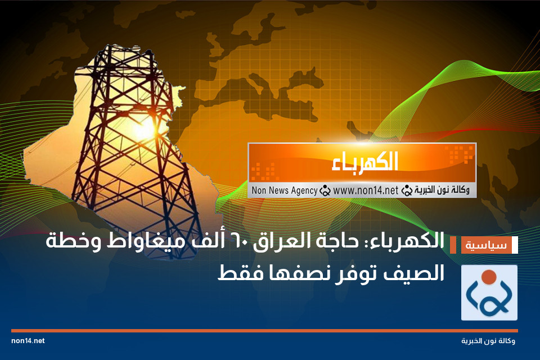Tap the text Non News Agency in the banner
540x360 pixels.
pyautogui.click(x=284, y=191)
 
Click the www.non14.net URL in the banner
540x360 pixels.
pyautogui.click(x=365, y=191)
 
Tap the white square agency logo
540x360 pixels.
pyautogui.click(x=489, y=292)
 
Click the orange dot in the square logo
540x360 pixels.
pyautogui.click(x=489, y=276)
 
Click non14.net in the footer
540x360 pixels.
pyautogui.click(x=28, y=341)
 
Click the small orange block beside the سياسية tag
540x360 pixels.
pyautogui.click(x=453, y=246)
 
